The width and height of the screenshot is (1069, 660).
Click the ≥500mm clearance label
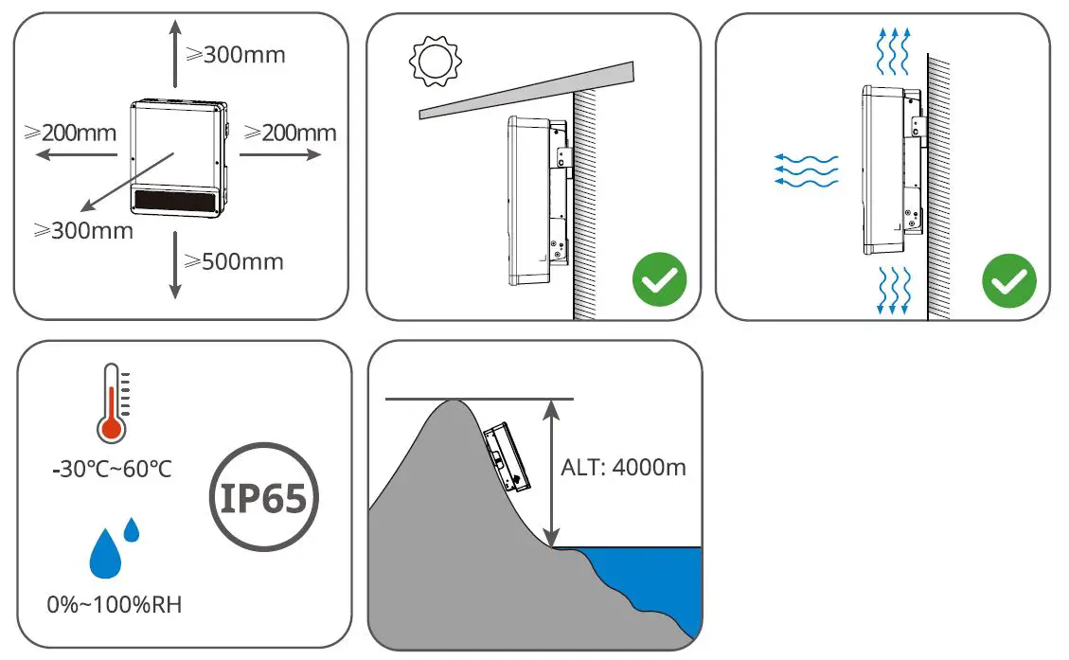tap(234, 261)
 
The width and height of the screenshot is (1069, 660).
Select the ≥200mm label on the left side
tap(70, 132)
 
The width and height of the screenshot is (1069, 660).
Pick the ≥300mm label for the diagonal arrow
tap(82, 229)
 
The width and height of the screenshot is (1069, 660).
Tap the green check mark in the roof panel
tap(659, 281)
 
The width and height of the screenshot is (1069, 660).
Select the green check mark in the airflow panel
tap(1009, 281)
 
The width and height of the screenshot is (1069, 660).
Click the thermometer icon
tap(112, 402)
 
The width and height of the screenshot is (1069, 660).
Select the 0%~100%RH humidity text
tap(114, 603)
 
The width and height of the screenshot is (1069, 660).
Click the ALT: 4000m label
tap(624, 467)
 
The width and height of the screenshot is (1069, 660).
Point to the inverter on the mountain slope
tap(507, 459)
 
